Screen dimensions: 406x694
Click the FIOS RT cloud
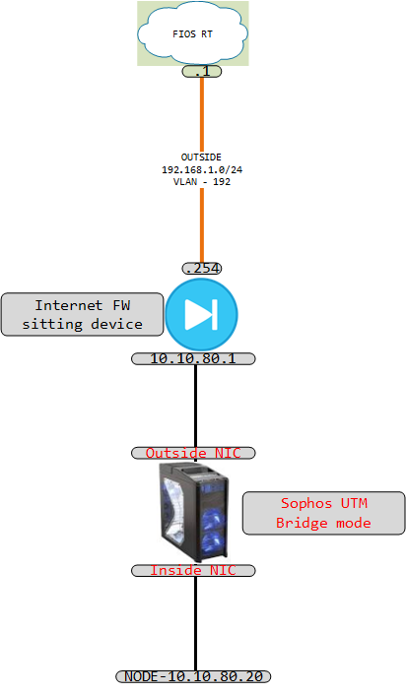193,33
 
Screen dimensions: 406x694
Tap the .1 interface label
202,71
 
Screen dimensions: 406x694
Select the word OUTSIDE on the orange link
201,158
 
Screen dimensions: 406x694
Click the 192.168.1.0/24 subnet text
202,169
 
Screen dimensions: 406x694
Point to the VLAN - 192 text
202,181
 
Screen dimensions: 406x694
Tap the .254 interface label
202,268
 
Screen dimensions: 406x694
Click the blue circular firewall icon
202,314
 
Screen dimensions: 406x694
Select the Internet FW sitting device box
83,314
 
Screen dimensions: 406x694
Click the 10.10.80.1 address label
193,358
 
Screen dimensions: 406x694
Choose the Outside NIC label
193,453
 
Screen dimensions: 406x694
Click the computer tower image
194,512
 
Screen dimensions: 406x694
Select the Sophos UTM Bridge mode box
323,513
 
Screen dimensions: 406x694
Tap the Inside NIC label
193,571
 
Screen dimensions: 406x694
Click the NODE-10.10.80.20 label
193,676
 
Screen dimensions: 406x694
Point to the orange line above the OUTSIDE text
202,114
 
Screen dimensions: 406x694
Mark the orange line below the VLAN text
202,225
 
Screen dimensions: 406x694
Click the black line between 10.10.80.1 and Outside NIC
195,406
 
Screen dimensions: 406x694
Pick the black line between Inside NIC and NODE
195,624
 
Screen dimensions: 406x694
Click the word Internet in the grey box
69,305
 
